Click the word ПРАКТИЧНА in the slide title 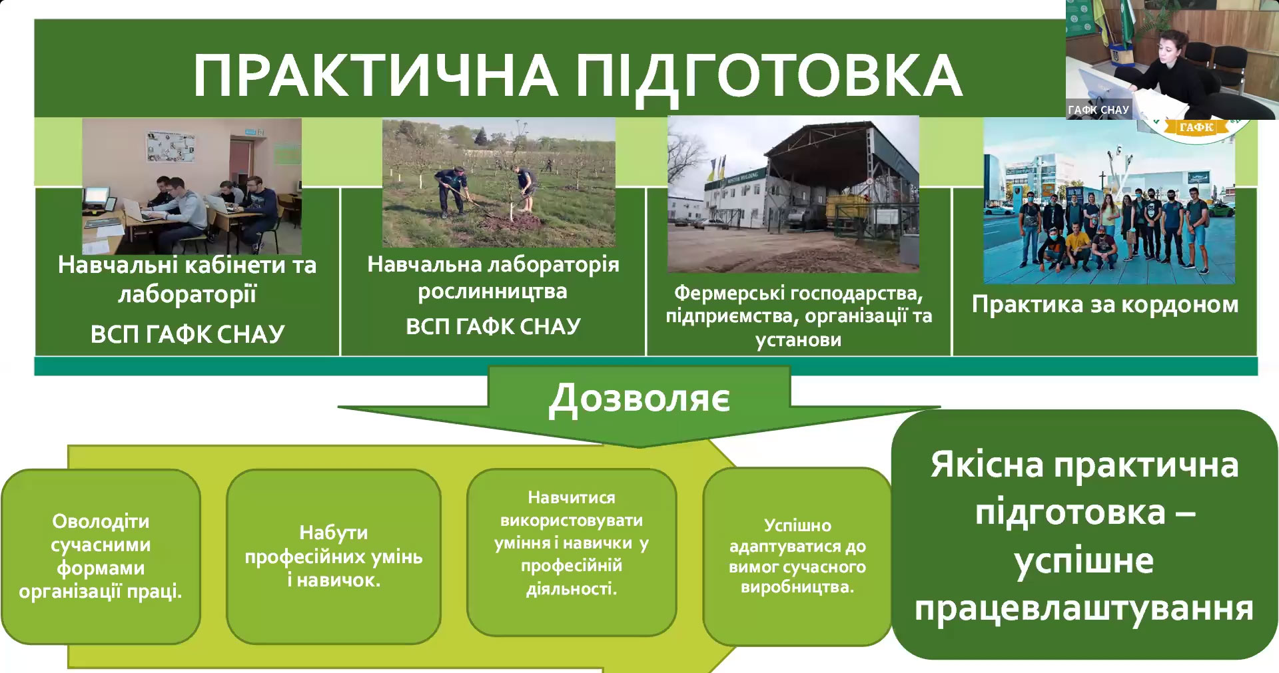pos(376,75)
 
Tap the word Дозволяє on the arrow pos(639,399)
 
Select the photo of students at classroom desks pos(192,186)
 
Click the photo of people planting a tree pos(499,183)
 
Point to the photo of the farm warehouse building pos(793,194)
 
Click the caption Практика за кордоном pos(1105,305)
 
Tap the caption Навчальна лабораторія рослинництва pos(493,278)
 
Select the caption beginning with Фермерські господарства pos(799,316)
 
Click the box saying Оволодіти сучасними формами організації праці pos(101,557)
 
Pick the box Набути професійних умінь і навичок pos(334,557)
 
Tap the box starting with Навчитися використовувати pos(572,553)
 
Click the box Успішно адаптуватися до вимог pos(797,557)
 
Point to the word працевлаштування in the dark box pos(1084,609)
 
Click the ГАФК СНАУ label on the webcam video pos(1098,110)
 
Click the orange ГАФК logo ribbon pos(1196,127)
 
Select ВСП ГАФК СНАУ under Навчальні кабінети pos(187,334)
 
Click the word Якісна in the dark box pos(987,465)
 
